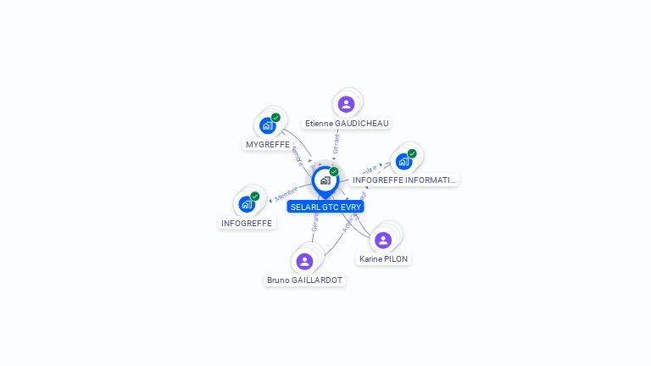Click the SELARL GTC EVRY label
click(325, 207)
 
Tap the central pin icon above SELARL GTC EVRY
click(325, 180)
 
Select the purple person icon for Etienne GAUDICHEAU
click(346, 104)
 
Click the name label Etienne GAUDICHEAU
click(347, 123)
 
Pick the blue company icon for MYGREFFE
click(268, 126)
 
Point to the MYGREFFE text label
click(268, 145)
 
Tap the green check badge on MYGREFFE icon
click(275, 118)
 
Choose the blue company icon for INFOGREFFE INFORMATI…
click(403, 161)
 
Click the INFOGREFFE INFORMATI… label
click(403, 180)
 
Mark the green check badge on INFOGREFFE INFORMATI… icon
click(412, 153)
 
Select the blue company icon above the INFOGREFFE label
click(247, 204)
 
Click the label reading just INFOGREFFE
click(247, 224)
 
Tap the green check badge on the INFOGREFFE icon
click(254, 197)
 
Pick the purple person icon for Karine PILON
click(383, 241)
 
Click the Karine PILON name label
click(384, 259)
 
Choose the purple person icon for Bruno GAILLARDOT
click(305, 261)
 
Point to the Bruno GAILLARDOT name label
click(305, 280)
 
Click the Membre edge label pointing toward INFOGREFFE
click(286, 195)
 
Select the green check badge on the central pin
click(334, 171)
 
